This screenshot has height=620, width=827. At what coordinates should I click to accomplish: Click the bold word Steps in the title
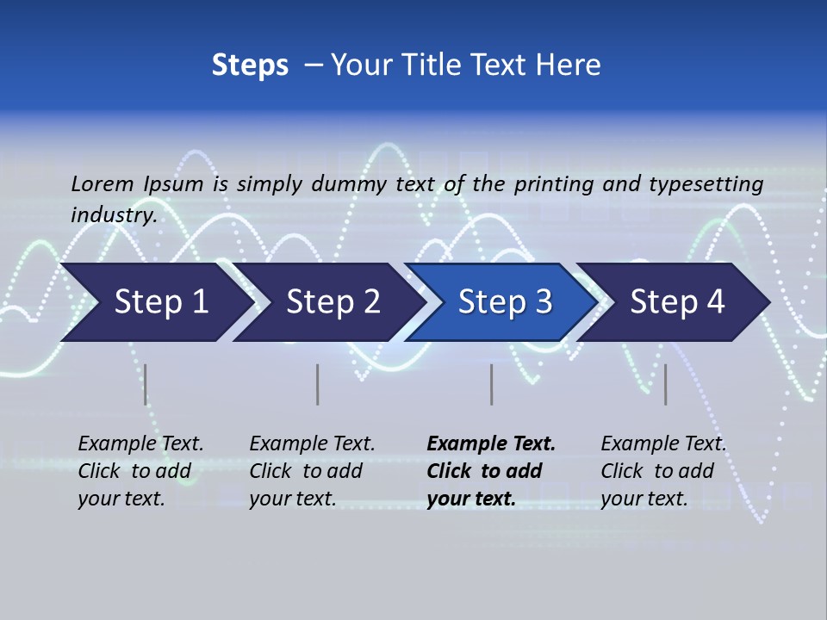[250, 65]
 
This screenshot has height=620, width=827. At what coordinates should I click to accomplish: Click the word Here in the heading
[568, 65]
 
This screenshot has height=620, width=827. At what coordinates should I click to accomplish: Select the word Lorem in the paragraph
[103, 183]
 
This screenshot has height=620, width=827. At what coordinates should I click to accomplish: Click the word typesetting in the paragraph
[706, 183]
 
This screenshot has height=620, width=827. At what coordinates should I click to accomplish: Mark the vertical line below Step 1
[146, 384]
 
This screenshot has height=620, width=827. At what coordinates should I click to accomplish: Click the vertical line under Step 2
[318, 384]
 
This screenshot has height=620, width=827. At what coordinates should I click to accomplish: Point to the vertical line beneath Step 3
[491, 384]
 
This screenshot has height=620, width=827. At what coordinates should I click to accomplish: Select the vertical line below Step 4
[665, 384]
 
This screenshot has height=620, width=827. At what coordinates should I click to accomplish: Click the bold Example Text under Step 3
[491, 444]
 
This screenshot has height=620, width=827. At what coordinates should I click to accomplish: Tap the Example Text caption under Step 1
[140, 444]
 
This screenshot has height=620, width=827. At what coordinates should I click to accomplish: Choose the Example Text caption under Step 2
[312, 444]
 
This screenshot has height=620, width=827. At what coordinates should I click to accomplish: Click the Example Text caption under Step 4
[663, 444]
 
